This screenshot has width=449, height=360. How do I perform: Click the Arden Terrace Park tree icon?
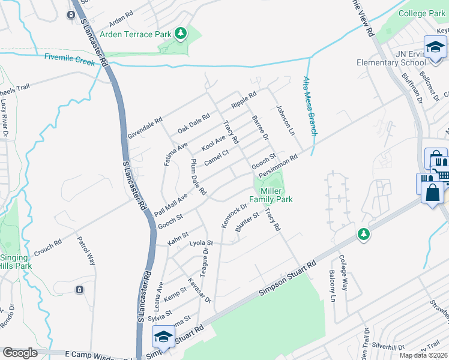(x=181, y=34)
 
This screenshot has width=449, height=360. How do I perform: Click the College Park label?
(x=422, y=13)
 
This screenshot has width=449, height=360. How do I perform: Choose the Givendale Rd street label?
(x=145, y=128)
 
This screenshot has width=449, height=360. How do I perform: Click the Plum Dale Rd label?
(x=198, y=177)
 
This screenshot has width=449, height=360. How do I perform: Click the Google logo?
(x=20, y=353)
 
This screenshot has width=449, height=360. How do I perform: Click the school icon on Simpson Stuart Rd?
(x=163, y=338)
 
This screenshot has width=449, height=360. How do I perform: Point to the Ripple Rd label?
(x=244, y=101)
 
